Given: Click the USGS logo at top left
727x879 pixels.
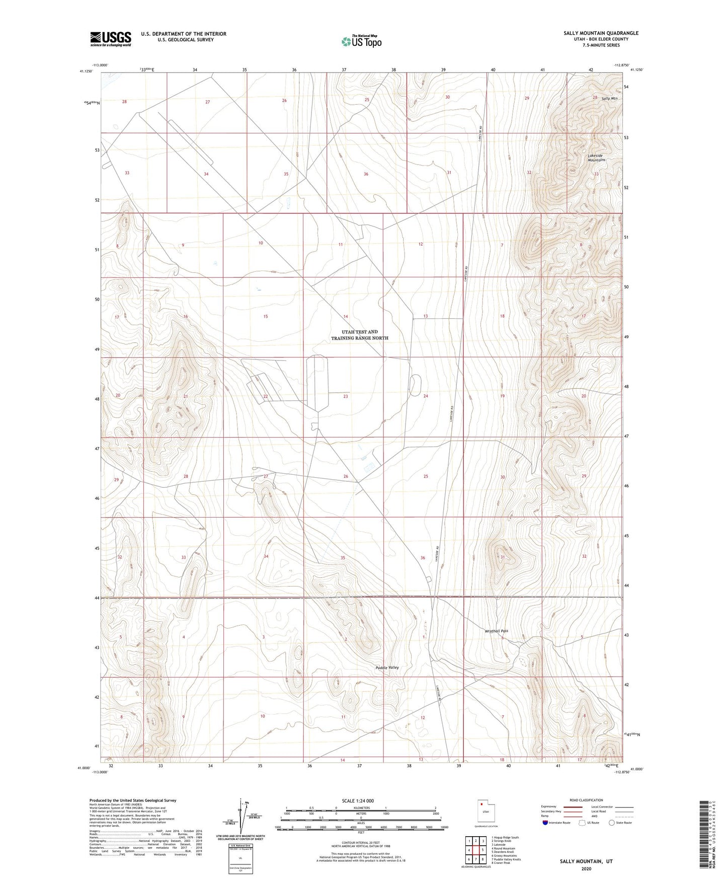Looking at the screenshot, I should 111,39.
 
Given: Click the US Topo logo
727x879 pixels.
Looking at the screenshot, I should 361,41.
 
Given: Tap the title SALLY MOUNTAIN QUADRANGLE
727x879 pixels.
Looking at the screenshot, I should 601,33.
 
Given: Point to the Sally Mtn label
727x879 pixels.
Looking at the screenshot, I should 609,98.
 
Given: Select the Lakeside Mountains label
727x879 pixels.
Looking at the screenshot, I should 596,158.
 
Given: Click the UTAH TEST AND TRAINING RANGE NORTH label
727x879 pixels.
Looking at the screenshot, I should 359,335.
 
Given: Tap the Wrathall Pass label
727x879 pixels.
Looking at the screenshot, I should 496,631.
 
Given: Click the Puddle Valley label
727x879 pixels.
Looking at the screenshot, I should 387,668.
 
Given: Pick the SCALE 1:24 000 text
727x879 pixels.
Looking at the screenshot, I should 358,800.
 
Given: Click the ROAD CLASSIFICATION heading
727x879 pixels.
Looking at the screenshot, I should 586,800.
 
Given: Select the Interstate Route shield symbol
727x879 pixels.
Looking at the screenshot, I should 545,823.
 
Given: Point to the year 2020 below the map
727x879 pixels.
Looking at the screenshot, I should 586,868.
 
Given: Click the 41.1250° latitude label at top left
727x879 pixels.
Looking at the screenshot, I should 87,71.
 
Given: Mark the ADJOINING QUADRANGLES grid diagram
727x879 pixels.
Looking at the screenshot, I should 475,851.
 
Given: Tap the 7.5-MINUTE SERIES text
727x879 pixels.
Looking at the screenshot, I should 601,45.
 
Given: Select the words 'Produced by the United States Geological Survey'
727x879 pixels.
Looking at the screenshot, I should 133,800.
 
